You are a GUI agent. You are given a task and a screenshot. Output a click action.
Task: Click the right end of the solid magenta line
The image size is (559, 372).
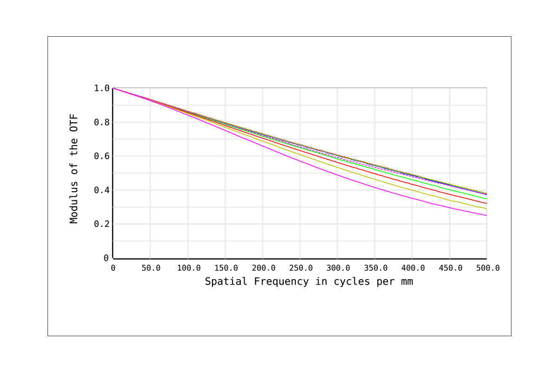(x=486, y=215)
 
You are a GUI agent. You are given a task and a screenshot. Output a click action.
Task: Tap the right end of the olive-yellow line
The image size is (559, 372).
(x=486, y=208)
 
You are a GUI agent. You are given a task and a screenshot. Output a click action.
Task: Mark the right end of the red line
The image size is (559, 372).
(x=486, y=204)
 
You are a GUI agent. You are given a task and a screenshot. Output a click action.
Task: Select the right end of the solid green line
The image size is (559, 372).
(x=486, y=199)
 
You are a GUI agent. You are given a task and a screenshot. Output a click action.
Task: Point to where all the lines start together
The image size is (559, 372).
(x=113, y=88)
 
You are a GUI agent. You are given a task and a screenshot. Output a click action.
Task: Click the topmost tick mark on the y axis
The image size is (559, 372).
(x=111, y=88)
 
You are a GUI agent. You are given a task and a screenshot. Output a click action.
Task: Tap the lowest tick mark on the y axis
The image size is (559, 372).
(x=111, y=258)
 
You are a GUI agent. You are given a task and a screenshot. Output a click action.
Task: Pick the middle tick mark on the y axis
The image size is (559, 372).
(x=111, y=173)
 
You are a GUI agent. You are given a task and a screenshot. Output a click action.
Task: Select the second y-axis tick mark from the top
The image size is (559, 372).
(x=111, y=105)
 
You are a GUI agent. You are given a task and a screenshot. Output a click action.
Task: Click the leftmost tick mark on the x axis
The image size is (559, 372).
(x=113, y=260)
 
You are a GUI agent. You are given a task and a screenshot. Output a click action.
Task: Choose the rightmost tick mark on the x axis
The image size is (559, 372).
(x=487, y=260)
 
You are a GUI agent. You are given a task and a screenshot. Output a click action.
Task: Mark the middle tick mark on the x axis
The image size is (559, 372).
(x=300, y=260)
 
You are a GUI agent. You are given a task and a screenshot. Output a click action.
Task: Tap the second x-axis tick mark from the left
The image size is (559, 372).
(x=150, y=260)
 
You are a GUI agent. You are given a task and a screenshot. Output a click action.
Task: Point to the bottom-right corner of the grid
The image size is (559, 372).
(x=487, y=258)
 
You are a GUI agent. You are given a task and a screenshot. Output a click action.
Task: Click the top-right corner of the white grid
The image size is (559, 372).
(x=487, y=88)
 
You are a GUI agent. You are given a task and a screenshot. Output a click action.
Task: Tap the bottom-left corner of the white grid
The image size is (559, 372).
(x=113, y=258)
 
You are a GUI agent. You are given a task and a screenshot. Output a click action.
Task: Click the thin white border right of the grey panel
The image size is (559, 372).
(x=511, y=186)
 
